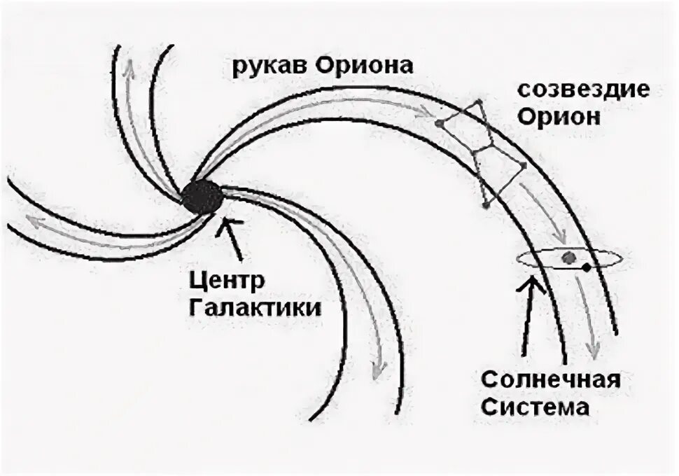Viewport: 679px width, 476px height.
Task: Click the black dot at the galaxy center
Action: click(203, 196)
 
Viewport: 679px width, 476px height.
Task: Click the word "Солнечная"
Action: click(552, 381)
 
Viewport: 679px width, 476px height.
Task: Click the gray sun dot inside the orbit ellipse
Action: click(569, 258)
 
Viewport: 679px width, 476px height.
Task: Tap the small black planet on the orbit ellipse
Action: click(587, 267)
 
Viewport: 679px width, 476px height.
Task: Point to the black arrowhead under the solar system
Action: click(535, 281)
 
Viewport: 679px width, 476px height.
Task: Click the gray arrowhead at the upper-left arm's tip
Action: click(128, 67)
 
